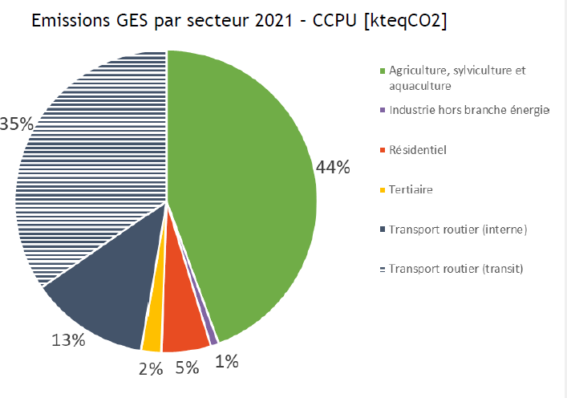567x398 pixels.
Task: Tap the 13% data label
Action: pyautogui.click(x=68, y=340)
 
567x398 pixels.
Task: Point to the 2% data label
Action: pyautogui.click(x=151, y=368)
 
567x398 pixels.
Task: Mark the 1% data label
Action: pyautogui.click(x=227, y=362)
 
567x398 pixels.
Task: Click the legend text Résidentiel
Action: pyautogui.click(x=417, y=149)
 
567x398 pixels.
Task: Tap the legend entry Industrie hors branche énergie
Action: pyautogui.click(x=468, y=110)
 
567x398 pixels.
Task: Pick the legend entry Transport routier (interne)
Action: pyautogui.click(x=457, y=229)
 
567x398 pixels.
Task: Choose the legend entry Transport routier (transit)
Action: pyautogui.click(x=456, y=269)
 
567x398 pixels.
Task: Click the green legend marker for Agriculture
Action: pyautogui.click(x=382, y=71)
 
